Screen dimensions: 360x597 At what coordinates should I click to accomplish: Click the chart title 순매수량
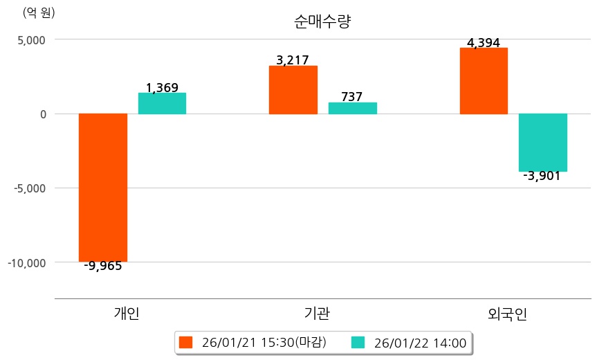(322, 21)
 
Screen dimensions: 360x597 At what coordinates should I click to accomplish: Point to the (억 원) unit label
(39, 12)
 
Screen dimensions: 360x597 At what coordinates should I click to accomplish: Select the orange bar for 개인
(103, 187)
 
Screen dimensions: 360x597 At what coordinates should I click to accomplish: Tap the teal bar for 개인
(162, 103)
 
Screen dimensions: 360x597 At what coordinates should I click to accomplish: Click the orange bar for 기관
(293, 90)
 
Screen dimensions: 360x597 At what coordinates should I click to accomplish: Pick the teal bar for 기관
(352, 108)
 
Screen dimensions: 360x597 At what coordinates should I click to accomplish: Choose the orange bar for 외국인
(484, 80)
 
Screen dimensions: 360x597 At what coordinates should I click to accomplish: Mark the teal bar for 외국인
(543, 142)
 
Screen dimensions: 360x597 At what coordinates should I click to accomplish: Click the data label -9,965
(103, 266)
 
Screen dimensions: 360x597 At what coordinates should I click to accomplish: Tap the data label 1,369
(162, 88)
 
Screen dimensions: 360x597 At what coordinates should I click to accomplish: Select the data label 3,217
(293, 60)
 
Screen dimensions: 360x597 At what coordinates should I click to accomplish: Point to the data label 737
(352, 97)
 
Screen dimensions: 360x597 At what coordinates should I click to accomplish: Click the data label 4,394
(484, 44)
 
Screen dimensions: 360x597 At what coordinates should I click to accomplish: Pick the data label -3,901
(542, 176)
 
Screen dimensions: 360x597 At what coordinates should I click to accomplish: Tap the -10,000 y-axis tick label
(26, 262)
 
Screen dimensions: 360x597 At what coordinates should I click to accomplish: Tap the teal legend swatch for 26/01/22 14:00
(358, 342)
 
